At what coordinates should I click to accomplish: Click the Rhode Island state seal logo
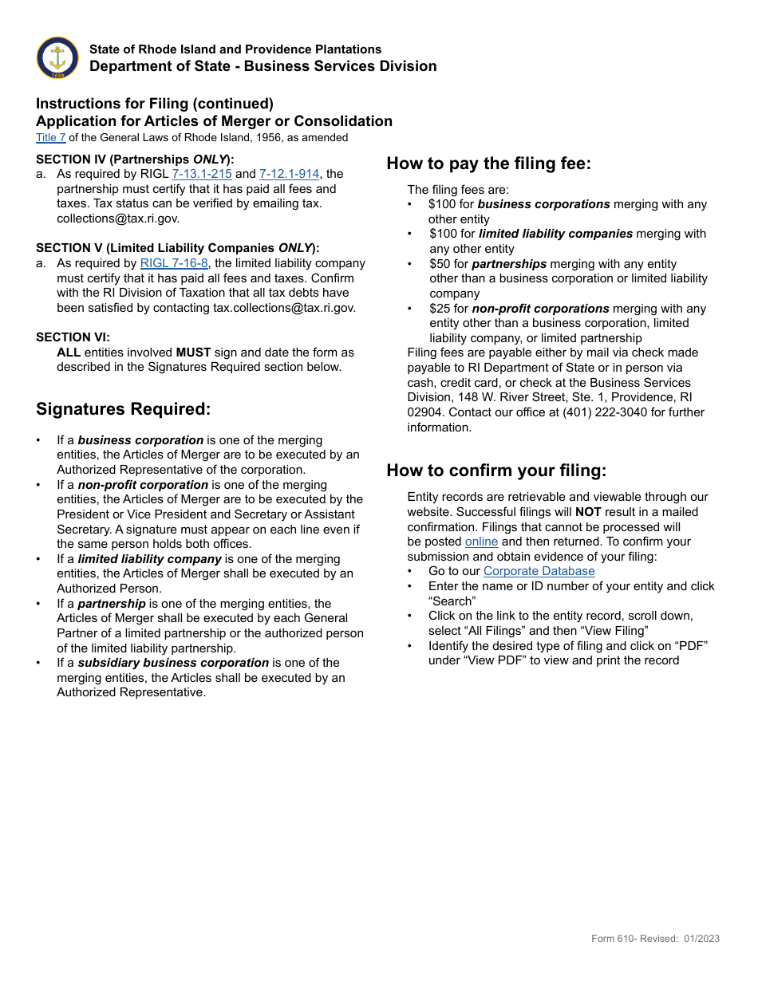[x=57, y=57]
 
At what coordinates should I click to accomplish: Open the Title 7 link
[x=51, y=137]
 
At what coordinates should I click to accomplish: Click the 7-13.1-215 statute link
[x=202, y=174]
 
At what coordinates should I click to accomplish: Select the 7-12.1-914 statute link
[x=289, y=174]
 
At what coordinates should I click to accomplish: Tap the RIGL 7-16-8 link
[x=174, y=263]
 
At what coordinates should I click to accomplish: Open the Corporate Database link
[x=539, y=571]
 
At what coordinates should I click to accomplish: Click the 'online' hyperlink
[x=481, y=542]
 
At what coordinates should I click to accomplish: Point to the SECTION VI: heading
[x=73, y=337]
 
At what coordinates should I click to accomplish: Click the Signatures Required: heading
[x=124, y=409]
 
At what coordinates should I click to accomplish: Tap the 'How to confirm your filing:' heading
[x=496, y=471]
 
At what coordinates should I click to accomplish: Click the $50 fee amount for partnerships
[x=440, y=264]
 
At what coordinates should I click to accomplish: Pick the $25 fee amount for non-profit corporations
[x=440, y=309]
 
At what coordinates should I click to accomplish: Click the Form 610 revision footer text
[x=655, y=939]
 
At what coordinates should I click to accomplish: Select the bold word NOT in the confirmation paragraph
[x=588, y=512]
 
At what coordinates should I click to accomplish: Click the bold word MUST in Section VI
[x=193, y=353]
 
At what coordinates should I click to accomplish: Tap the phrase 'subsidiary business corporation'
[x=173, y=663]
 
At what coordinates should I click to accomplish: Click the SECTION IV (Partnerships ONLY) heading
[x=135, y=159]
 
